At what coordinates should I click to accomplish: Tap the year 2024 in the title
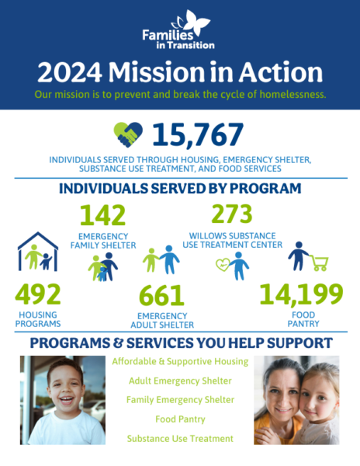[x=70, y=72]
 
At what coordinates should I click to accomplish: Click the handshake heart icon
[x=128, y=134]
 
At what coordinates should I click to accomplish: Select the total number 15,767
[x=198, y=134]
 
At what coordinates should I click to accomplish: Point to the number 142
[x=102, y=215]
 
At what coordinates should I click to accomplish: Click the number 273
[x=232, y=214]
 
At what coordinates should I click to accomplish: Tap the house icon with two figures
[x=38, y=252]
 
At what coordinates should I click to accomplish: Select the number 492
[x=38, y=294]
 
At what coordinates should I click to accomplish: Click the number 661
[x=161, y=295]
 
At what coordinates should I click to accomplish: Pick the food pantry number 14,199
[x=302, y=294]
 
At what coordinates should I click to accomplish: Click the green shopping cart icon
[x=319, y=263]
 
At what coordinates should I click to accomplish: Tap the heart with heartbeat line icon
[x=223, y=265]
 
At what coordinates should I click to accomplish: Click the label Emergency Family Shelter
[x=103, y=241]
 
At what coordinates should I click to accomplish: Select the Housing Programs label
[x=38, y=319]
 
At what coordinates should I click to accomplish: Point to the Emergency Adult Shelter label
[x=162, y=320]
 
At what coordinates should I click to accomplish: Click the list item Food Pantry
[x=180, y=419]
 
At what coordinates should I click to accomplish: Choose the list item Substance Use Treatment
[x=180, y=439]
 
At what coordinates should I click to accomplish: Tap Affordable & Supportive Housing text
[x=180, y=361]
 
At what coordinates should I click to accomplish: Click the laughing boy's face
[x=65, y=389]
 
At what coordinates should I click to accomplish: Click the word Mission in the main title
[x=157, y=72]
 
